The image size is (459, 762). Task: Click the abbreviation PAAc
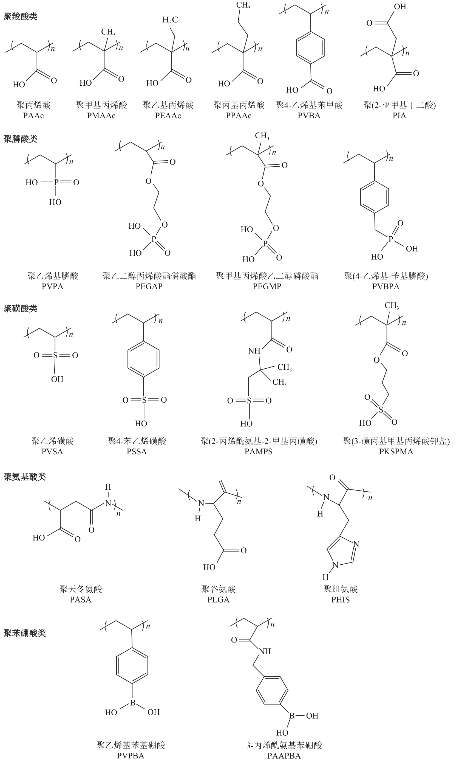[33, 116]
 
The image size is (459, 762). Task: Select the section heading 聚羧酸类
[20, 16]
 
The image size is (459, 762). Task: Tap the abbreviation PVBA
[309, 116]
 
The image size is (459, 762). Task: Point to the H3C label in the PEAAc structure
[170, 20]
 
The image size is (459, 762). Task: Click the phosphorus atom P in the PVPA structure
[56, 182]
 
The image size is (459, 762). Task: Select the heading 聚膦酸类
[20, 139]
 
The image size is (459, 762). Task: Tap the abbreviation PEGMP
[267, 286]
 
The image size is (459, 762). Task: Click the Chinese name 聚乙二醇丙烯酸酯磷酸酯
[149, 276]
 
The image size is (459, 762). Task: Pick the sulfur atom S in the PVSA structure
[55, 355]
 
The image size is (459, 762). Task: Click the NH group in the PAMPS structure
[254, 351]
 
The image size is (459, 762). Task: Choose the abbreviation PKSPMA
[396, 452]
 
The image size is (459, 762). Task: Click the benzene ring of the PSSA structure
[143, 359]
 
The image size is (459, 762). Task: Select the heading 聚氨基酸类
[25, 477]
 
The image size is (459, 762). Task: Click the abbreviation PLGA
[218, 600]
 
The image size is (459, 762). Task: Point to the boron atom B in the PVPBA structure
[132, 703]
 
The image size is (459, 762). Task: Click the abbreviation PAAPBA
[284, 756]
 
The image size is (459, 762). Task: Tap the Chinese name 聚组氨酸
[341, 589]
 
